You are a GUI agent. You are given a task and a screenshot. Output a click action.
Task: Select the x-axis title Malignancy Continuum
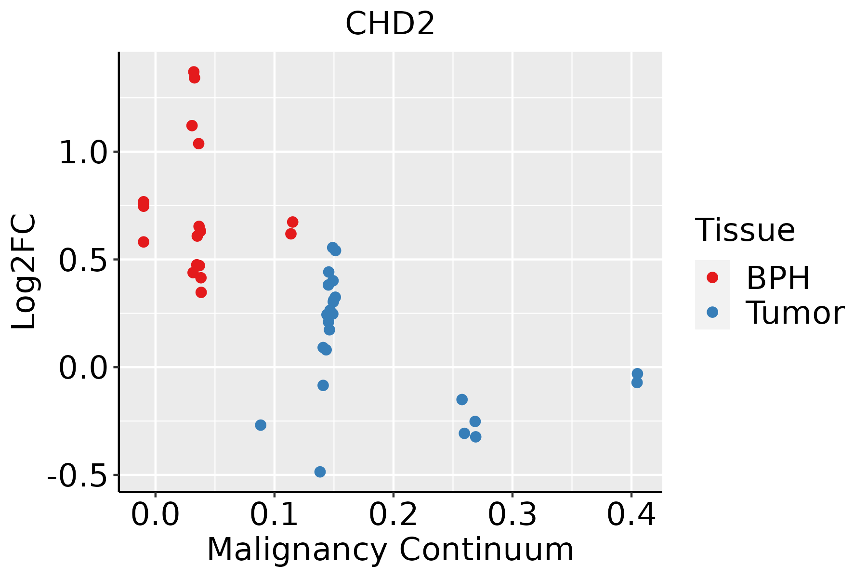[390, 550]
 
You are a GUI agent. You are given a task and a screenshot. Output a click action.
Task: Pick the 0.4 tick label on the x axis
[631, 515]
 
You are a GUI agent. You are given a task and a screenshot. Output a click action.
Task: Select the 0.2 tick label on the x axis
[393, 515]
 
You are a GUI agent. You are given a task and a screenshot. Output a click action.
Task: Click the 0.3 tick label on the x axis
[512, 515]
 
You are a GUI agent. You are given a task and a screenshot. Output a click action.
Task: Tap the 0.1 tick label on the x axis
[274, 515]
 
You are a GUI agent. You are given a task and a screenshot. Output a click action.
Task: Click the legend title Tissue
[745, 230]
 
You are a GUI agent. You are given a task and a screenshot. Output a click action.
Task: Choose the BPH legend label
[778, 278]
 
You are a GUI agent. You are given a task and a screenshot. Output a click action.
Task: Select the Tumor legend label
[795, 313]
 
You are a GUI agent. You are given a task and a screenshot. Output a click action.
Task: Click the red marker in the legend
[712, 277]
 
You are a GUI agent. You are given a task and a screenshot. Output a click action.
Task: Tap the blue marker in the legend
[712, 312]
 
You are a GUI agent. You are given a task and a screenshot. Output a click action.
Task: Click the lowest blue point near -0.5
[320, 472]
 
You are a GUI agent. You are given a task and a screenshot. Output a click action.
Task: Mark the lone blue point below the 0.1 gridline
[261, 425]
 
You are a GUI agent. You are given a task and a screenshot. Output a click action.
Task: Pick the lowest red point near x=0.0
[144, 242]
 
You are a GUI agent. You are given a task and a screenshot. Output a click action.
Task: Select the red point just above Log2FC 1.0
[198, 144]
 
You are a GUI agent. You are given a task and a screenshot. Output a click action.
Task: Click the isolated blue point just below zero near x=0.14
[323, 385]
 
